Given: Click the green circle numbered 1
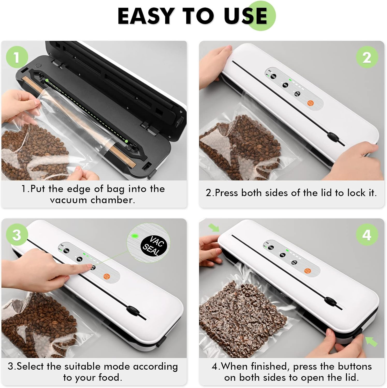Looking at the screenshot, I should pos(17,57).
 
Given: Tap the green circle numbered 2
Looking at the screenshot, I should pos(367,57).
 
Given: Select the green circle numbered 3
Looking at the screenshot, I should pos(17,235).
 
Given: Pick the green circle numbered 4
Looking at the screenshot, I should pos(367,235).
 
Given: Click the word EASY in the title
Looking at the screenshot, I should pos(145,16).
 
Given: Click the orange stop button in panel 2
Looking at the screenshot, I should pos(310,103).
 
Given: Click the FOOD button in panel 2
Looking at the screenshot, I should pos(273,77).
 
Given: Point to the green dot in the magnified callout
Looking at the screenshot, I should pos(134,236).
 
